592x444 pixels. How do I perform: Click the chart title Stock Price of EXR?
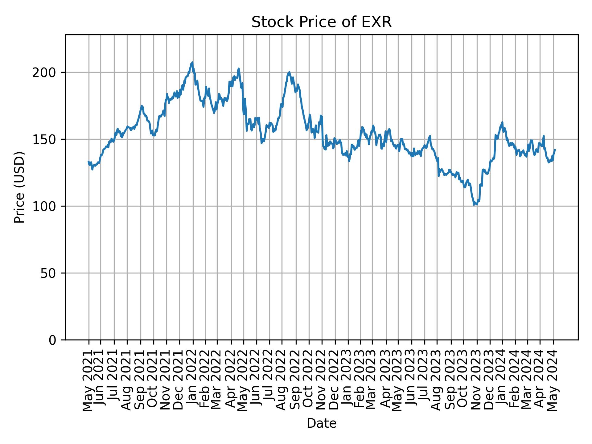321,23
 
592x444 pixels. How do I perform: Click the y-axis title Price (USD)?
19,187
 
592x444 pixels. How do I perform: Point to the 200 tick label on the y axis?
46,73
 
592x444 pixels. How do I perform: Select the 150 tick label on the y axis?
46,139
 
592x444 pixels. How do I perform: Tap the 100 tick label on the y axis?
46,206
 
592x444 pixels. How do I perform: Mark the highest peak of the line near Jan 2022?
192,62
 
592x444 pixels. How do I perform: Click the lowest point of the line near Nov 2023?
474,205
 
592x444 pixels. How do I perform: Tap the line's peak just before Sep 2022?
289,72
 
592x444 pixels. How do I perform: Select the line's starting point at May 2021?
88,162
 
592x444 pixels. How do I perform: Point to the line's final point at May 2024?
555,150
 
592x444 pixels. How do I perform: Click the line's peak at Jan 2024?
502,122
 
